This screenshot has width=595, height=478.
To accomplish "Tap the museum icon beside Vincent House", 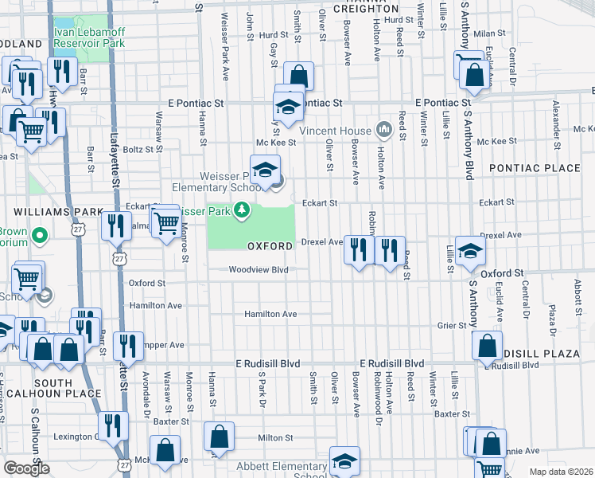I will point(383,129).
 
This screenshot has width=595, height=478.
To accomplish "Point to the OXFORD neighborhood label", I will point(270,247).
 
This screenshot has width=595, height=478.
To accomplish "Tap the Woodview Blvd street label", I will point(257,270).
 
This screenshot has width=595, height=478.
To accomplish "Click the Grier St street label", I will point(451,326).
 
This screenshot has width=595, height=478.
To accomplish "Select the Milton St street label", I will point(275,437).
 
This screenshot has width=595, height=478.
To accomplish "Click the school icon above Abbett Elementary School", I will point(344,460).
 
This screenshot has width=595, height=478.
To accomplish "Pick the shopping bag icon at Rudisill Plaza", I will point(487,347).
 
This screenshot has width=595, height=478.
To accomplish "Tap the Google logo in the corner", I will point(26,468).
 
